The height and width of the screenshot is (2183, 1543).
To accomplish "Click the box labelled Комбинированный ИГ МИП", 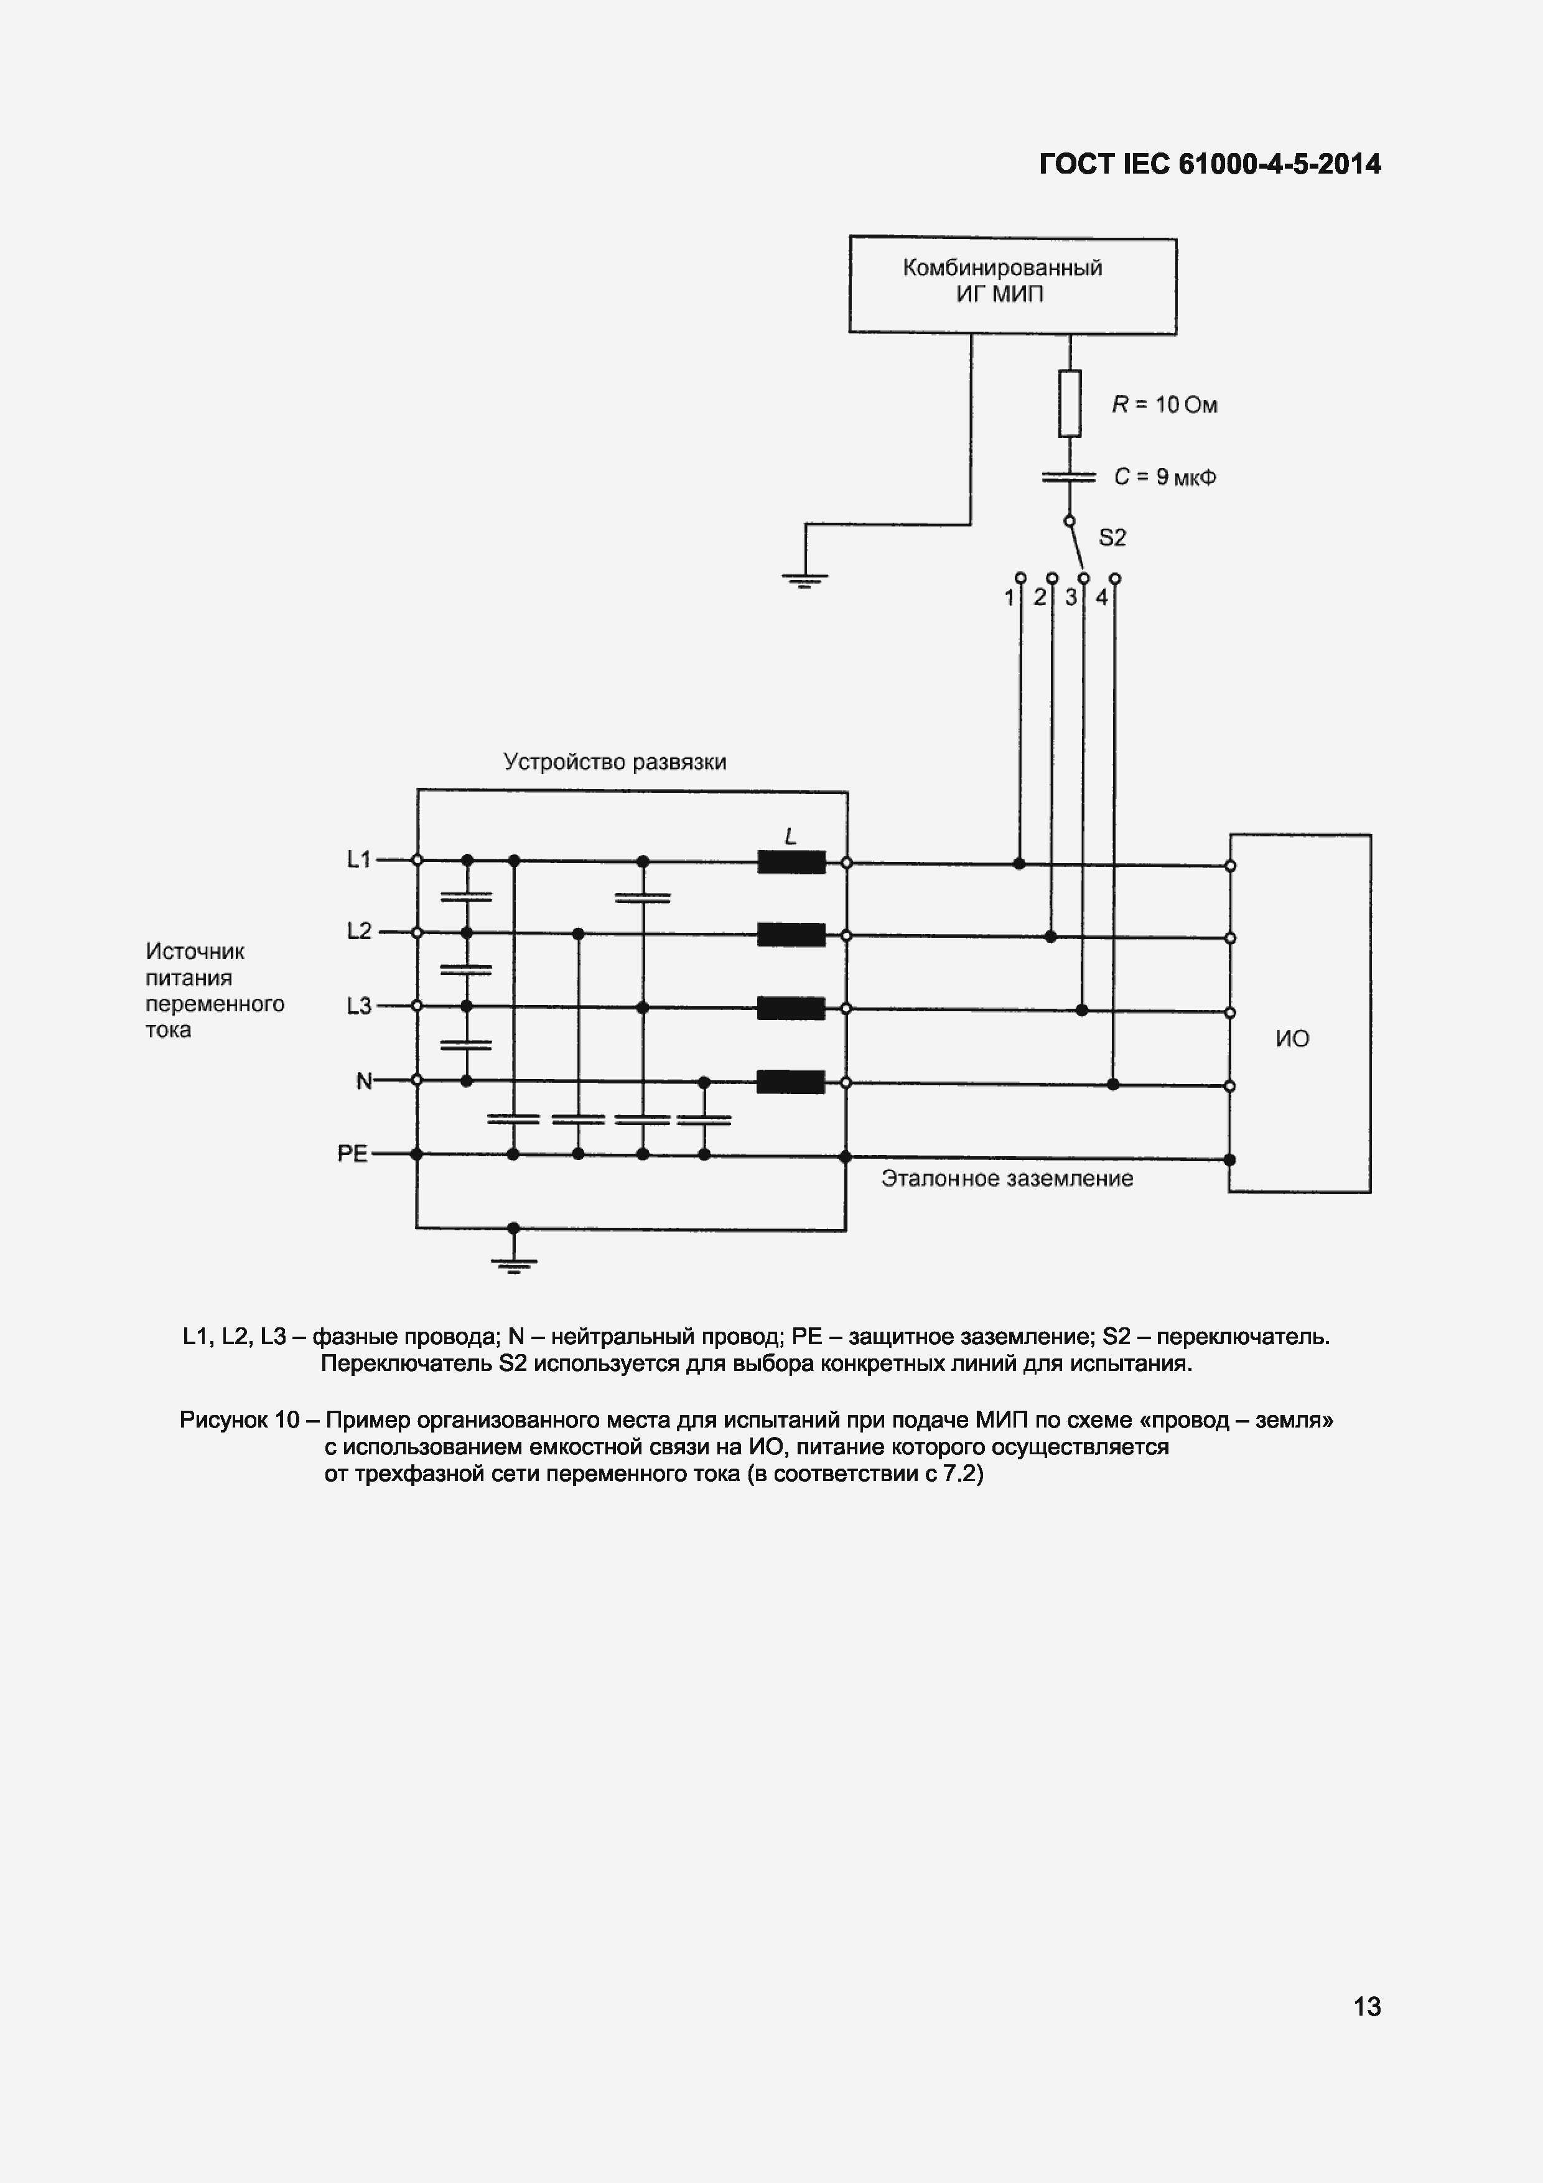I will [1012, 284].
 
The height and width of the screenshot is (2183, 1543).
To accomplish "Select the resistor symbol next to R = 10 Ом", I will [1070, 404].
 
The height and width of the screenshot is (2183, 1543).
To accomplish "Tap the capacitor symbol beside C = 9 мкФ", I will [1070, 476].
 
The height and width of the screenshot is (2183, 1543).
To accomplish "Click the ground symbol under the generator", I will [804, 578].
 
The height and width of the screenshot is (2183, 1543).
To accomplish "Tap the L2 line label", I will [358, 932].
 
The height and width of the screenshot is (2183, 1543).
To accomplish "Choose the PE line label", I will [352, 1153].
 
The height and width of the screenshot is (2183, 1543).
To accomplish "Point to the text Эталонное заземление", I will [1007, 1179].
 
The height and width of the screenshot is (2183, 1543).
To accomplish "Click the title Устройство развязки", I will [614, 762].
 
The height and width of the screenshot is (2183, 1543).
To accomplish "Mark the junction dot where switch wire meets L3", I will [1081, 1010].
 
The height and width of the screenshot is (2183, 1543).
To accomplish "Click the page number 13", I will [1366, 2007].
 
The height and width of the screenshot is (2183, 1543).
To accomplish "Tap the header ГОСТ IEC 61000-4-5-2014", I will [1210, 164].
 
